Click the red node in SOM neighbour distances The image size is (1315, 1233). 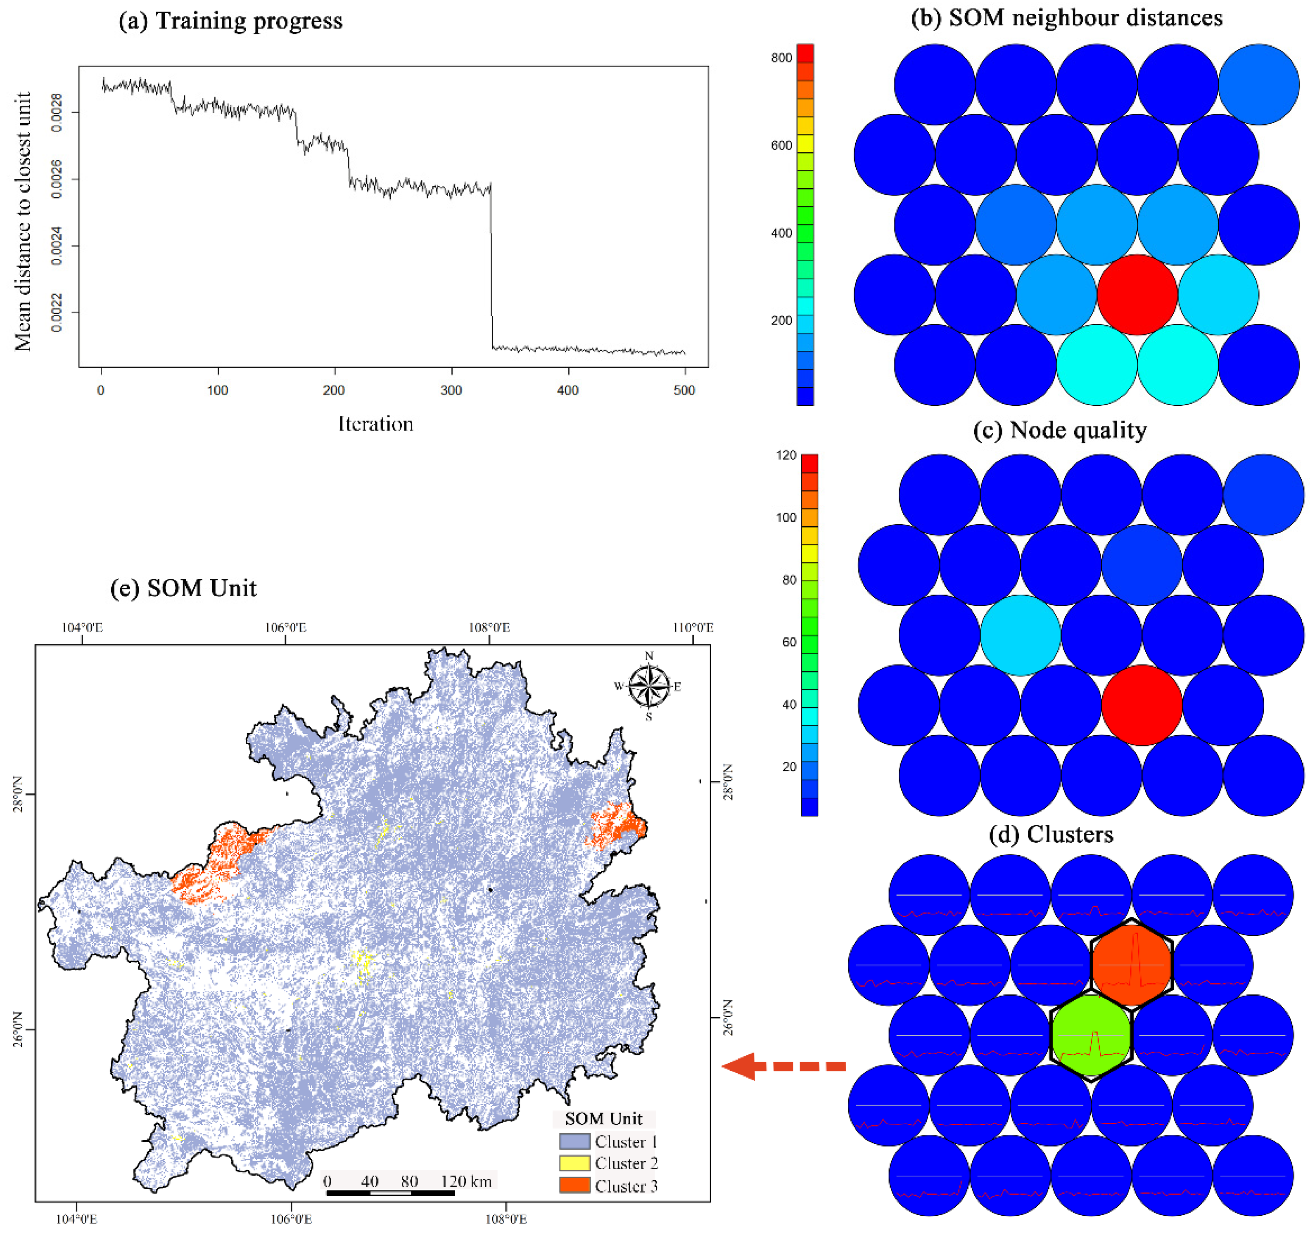(x=1137, y=295)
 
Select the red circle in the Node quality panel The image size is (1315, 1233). (x=1142, y=705)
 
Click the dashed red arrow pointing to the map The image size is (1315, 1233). (x=784, y=1066)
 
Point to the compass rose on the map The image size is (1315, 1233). (x=649, y=686)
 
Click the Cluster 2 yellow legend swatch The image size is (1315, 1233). (x=574, y=1163)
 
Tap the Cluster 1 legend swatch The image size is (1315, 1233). (x=574, y=1141)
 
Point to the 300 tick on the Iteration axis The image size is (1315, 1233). (x=451, y=390)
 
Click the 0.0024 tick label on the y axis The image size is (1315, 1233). (x=57, y=246)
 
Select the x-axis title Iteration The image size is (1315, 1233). (x=376, y=424)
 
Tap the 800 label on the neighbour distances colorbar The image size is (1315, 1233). (x=781, y=58)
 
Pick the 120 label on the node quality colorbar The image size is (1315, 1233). (x=786, y=456)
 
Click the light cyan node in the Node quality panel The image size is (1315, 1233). (x=1020, y=635)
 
